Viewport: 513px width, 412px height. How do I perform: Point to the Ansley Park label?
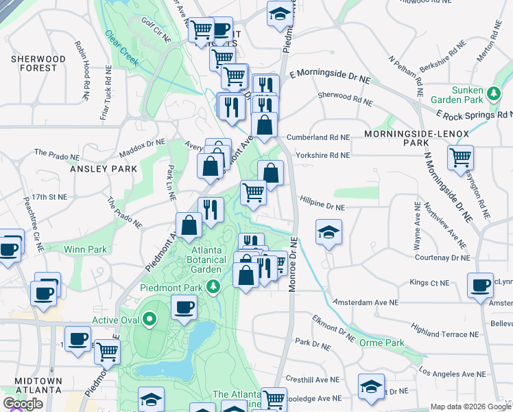click(x=95, y=168)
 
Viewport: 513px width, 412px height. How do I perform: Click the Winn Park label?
click(x=86, y=249)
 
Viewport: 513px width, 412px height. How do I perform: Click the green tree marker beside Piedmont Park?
click(x=214, y=286)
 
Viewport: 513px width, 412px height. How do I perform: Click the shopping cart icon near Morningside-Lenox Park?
click(x=460, y=157)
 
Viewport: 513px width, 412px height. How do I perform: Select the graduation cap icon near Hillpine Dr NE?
click(x=329, y=231)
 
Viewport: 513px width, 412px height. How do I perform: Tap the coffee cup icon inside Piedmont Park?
click(x=183, y=307)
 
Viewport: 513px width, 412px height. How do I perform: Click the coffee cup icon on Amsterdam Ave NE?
click(x=480, y=285)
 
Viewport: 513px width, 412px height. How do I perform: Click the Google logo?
click(x=23, y=404)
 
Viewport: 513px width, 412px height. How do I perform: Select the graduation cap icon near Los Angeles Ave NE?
click(x=371, y=387)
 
